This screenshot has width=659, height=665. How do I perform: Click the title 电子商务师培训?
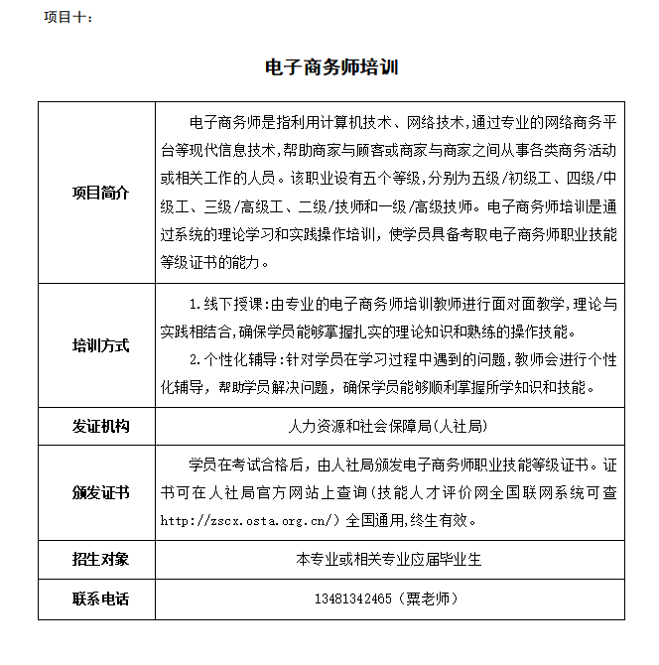pos(331,67)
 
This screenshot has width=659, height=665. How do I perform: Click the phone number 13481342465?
pos(353,600)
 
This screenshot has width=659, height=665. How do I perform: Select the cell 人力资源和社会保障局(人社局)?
pos(389,427)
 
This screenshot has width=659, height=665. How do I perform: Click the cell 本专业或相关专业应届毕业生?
pos(389,559)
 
